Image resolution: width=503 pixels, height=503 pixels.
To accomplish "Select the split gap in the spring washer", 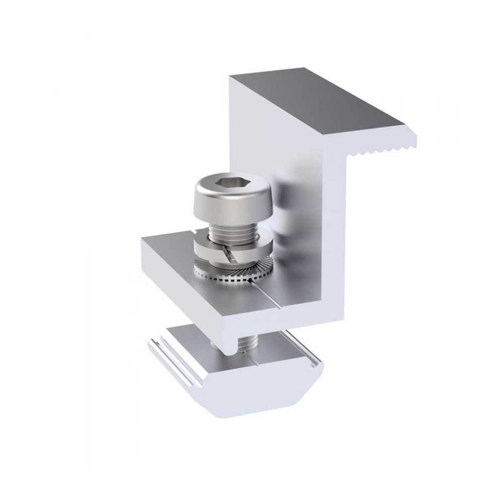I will (x=228, y=256).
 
